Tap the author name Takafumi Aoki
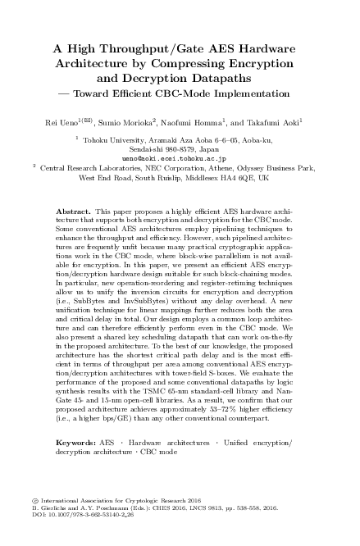(275, 121)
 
